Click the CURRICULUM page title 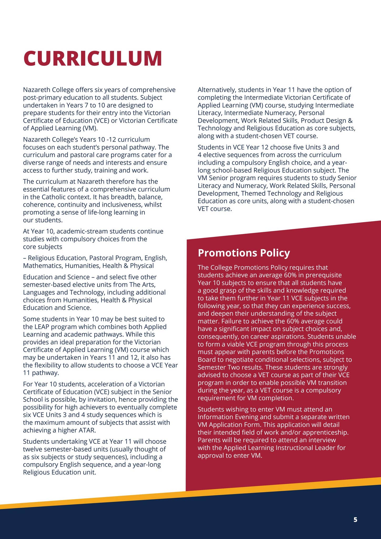(93, 58)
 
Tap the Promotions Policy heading (244, 253)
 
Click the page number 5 (355, 520)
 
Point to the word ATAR (87, 430)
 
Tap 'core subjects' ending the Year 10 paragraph (43, 247)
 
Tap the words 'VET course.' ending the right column (215, 209)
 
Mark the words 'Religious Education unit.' (59, 472)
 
